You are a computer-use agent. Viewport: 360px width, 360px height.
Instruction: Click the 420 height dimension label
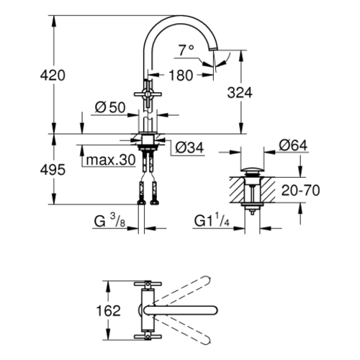click(x=53, y=75)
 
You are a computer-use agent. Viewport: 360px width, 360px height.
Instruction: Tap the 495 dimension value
click(x=53, y=170)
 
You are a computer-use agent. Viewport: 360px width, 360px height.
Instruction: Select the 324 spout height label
click(x=240, y=93)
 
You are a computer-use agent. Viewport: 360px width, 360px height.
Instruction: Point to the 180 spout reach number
click(x=181, y=75)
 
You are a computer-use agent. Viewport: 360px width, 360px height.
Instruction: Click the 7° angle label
click(x=186, y=50)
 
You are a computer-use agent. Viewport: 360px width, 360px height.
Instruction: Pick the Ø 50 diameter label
click(x=110, y=107)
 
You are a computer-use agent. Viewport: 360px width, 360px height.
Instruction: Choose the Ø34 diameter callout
click(x=189, y=148)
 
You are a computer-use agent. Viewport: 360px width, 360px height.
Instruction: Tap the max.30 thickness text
click(x=111, y=160)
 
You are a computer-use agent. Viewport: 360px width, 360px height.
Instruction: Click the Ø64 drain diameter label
click(x=293, y=145)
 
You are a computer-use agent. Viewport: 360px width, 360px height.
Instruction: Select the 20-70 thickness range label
click(x=300, y=191)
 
